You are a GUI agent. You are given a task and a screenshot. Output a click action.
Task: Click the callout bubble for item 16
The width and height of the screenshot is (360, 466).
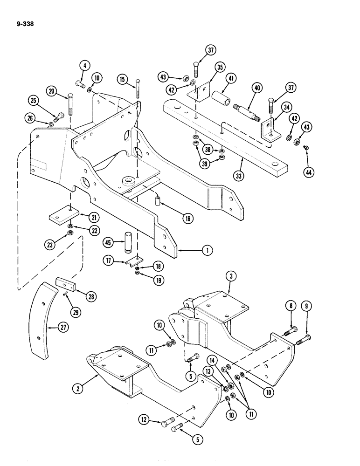[x=187, y=217]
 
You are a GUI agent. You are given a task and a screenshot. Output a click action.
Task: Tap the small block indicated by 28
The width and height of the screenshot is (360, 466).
[x=63, y=283]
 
